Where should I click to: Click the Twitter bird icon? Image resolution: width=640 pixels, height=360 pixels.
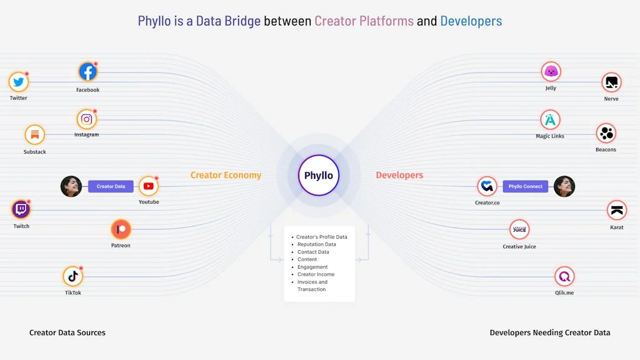pos(18,82)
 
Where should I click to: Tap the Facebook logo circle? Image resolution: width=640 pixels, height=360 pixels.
pos(87,72)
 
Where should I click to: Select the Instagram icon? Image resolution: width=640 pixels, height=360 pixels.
pos(87,119)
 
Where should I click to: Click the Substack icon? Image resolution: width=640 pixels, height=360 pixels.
pos(35,135)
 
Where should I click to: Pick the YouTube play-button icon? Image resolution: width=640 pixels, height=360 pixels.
pos(149,186)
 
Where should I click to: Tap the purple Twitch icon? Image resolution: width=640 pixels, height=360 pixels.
pos(21,209)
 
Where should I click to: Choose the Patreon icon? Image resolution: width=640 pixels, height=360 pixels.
pos(121,229)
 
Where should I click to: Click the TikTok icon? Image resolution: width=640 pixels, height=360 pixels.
pos(73,276)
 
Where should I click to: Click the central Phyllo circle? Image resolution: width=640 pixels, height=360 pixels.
pos(319,176)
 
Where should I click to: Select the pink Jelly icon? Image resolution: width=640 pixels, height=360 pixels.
pos(551,71)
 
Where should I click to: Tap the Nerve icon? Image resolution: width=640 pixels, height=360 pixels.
pos(611,82)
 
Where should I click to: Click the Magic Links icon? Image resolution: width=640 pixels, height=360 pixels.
pos(550,119)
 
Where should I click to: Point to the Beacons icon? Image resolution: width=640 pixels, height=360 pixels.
pos(606,133)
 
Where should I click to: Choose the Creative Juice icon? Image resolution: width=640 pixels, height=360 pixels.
pos(519,230)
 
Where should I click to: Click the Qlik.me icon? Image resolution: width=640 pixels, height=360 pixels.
pos(564,276)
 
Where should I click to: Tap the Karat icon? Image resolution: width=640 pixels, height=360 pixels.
pos(617,211)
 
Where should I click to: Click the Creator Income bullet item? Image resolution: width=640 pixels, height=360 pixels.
pos(316,274)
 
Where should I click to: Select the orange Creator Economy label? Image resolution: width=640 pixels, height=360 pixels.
pos(226,176)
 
